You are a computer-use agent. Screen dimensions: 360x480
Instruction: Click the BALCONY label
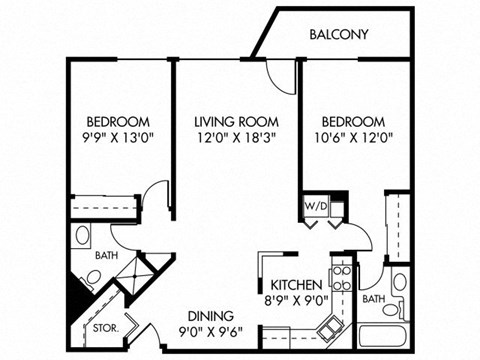[x=339, y=34]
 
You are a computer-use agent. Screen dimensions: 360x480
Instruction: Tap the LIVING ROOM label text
[x=233, y=123]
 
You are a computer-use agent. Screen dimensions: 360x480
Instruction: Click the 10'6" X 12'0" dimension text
[x=352, y=140]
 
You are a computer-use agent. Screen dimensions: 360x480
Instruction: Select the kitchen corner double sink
[x=328, y=325]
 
